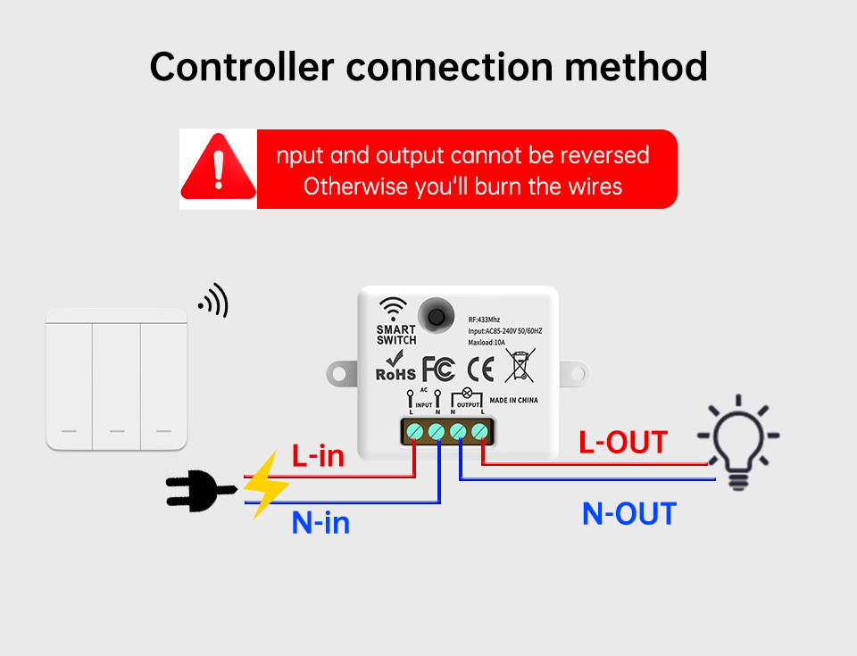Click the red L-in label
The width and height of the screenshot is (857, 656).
coord(318,456)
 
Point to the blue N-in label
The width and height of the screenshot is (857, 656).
coord(320,521)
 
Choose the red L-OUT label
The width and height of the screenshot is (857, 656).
coord(622,442)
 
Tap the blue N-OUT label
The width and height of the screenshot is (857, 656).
coord(628,513)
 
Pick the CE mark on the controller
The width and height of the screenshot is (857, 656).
coord(480,368)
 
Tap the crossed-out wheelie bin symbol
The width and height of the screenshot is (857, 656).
coord(520,366)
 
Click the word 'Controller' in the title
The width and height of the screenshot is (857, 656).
coord(242,67)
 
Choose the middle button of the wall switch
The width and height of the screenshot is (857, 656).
coord(117,379)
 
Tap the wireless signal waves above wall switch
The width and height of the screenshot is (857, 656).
coord(215,301)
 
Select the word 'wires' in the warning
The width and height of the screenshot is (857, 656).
coord(595,187)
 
